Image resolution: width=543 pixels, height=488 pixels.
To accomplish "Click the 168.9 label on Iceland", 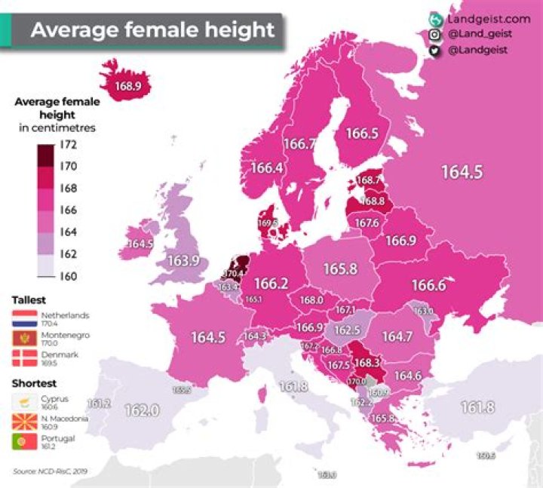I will click(x=128, y=86).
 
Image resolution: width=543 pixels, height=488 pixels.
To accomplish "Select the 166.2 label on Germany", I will click(x=271, y=284).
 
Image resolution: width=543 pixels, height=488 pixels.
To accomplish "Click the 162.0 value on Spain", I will click(x=142, y=410).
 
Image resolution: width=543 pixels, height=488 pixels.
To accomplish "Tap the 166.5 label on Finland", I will click(x=362, y=133).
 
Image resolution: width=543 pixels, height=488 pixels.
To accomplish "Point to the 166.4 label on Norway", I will click(x=267, y=167).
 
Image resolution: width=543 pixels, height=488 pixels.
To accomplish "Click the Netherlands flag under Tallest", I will click(x=26, y=317).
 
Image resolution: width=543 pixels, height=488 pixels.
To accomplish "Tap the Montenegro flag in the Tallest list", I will click(x=26, y=336).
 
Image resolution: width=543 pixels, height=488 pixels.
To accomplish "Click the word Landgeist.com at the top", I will click(x=489, y=20).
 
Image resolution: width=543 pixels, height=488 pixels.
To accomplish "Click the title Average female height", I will click(x=152, y=31).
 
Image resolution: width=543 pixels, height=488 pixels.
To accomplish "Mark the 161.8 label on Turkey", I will click(x=477, y=407).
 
